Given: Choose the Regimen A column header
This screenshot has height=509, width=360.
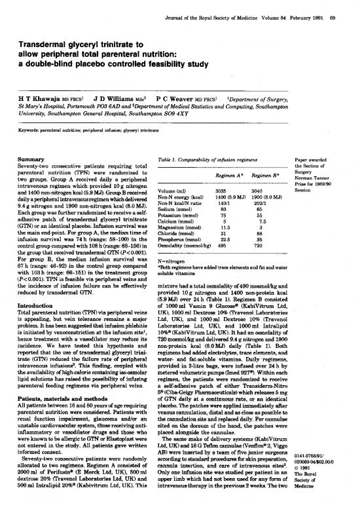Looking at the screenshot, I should point(228,176).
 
